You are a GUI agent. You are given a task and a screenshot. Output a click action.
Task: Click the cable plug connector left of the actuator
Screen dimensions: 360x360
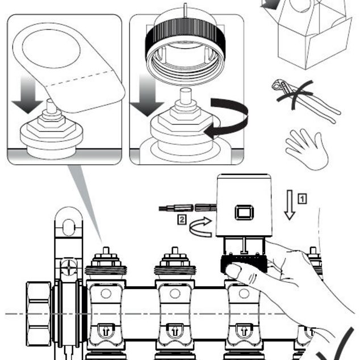[187, 208]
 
